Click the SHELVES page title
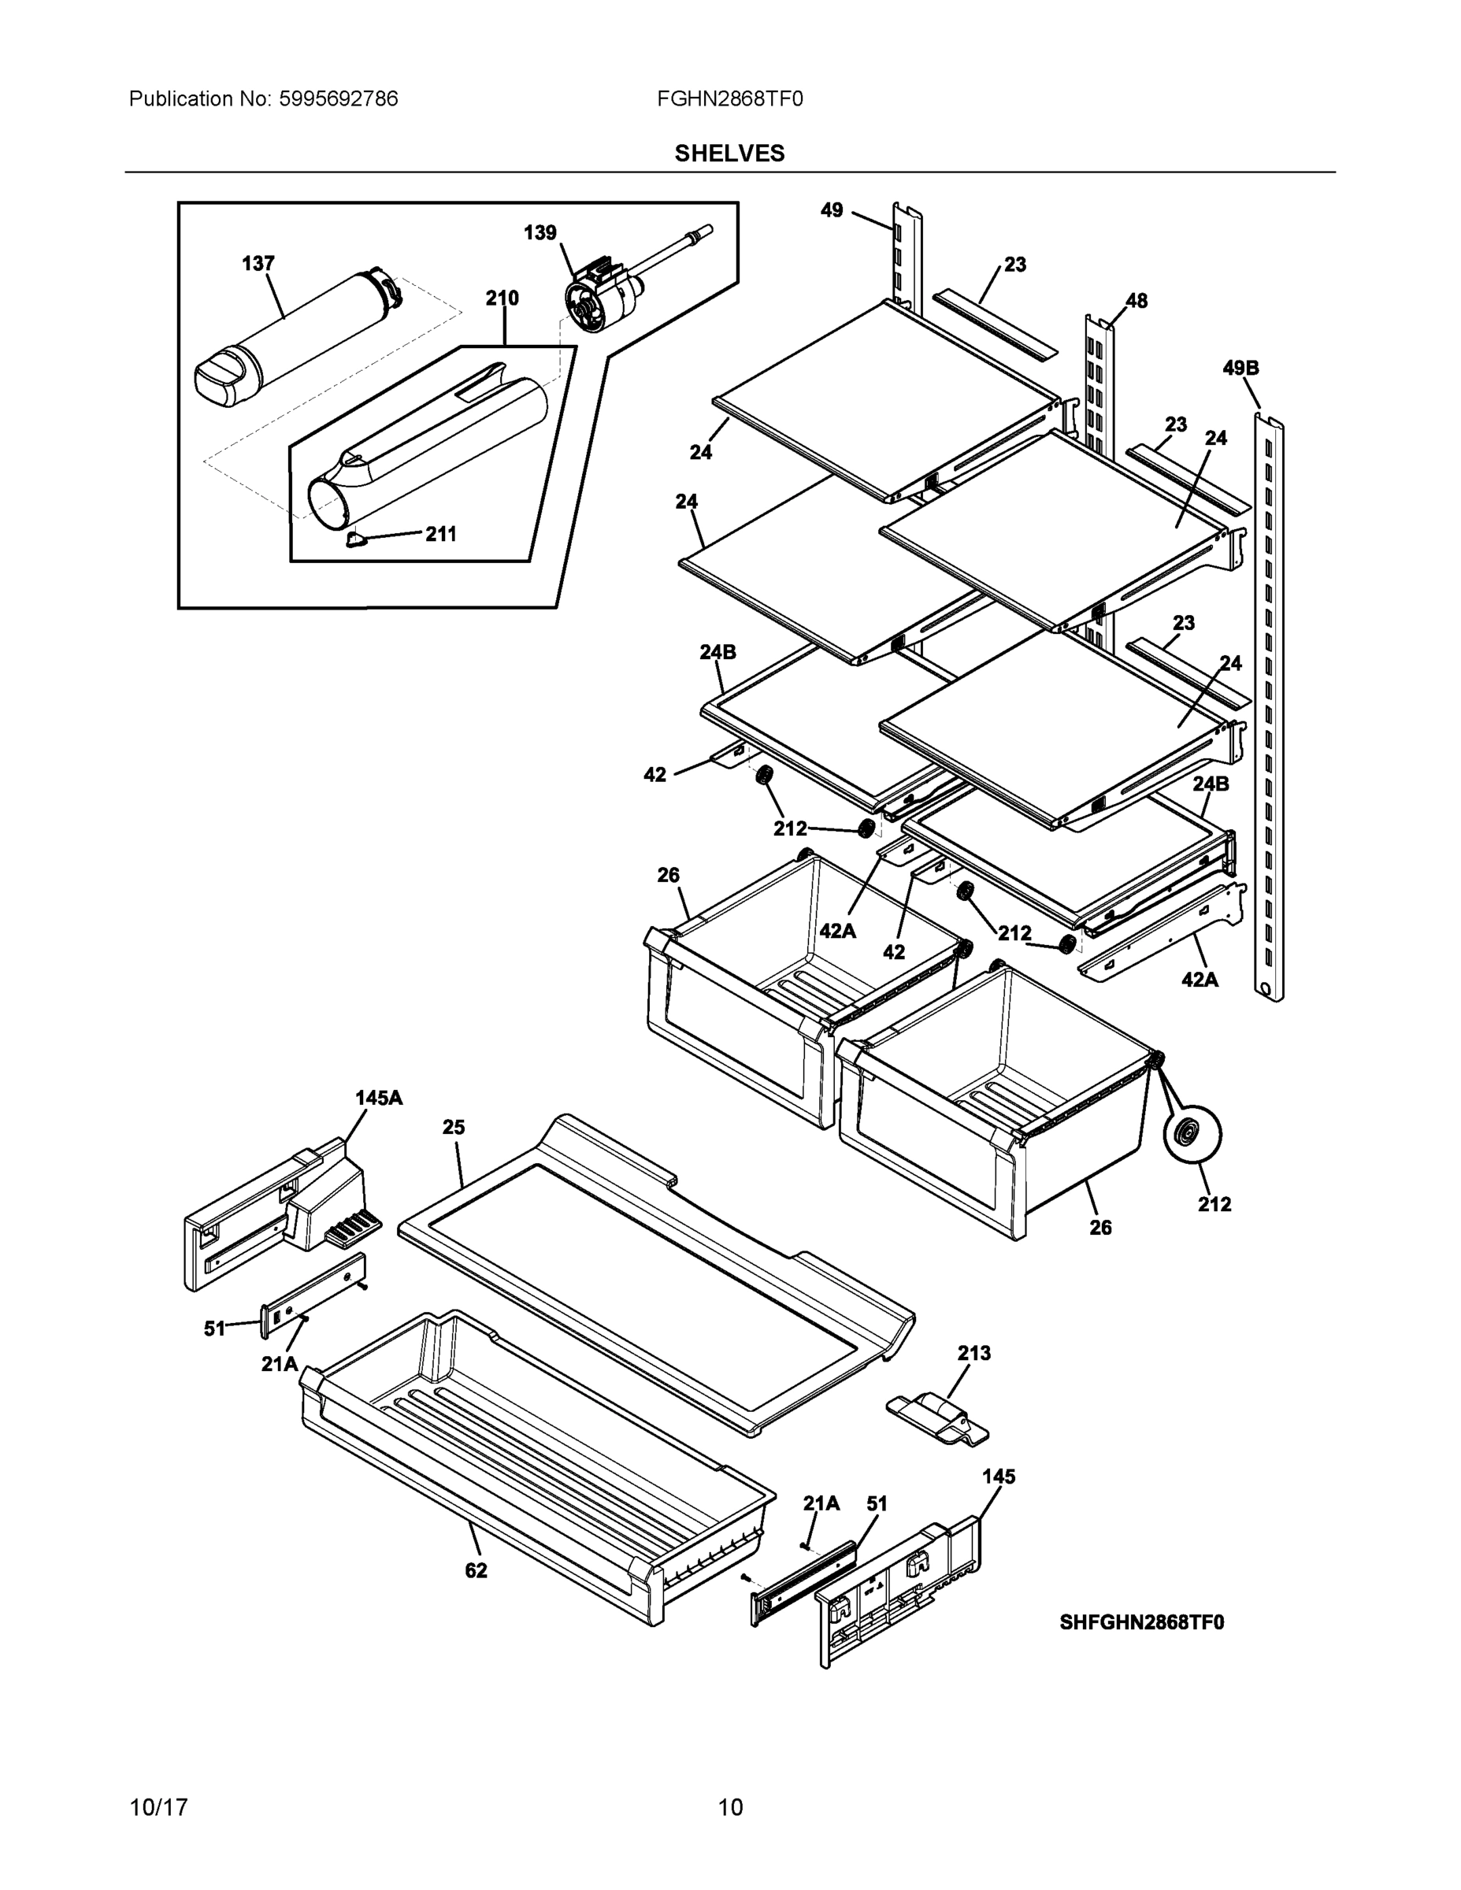click(729, 154)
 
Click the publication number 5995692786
click(338, 98)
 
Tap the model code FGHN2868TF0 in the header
click(729, 98)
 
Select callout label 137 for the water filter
click(258, 263)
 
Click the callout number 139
click(540, 233)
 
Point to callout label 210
click(501, 298)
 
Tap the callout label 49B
click(1240, 368)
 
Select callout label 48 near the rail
click(1136, 300)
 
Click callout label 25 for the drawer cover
click(454, 1127)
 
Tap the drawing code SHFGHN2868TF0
click(1141, 1621)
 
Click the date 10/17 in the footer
click(158, 1807)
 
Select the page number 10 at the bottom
click(729, 1807)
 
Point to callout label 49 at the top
click(831, 210)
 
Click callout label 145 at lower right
click(998, 1477)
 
